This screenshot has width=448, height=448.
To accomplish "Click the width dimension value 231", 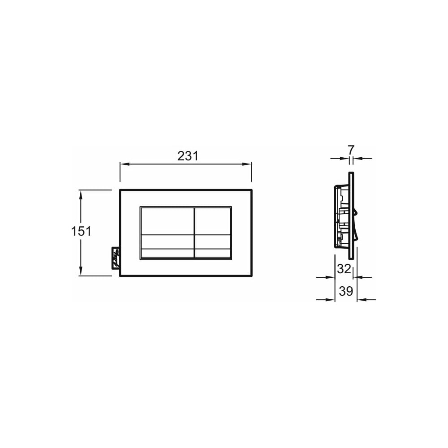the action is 188,156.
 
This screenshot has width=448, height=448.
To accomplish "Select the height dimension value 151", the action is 81,231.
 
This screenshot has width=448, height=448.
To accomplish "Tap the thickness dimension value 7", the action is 351,150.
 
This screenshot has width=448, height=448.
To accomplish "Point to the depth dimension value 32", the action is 344,268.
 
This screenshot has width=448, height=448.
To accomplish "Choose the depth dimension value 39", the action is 346,291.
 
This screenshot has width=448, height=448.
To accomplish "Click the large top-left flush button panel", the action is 167,221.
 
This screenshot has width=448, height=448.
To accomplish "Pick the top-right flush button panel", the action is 212,221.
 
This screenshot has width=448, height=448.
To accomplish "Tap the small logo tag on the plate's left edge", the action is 116,258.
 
